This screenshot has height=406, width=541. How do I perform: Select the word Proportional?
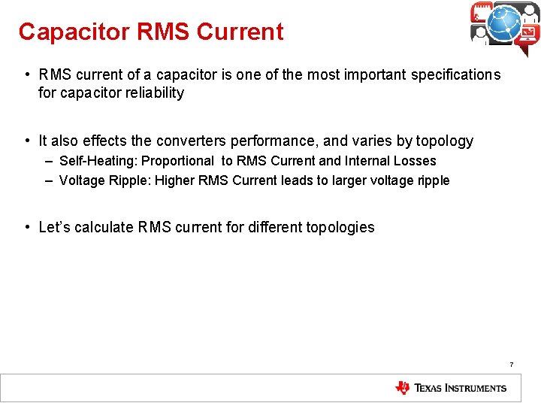pos(178,161)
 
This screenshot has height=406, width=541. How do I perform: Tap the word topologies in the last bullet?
pos(340,227)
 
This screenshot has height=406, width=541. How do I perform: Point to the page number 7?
pos(512,365)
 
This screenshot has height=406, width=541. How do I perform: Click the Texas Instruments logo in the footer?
pos(451,388)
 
